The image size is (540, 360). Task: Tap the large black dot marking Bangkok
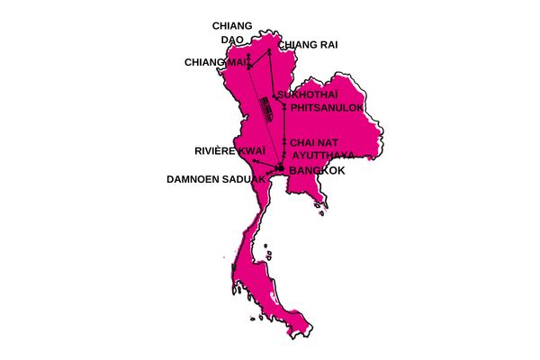(x=280, y=168)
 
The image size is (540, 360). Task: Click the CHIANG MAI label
(x=213, y=62)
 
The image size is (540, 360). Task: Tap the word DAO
(x=232, y=40)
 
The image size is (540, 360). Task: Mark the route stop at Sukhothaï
(x=274, y=95)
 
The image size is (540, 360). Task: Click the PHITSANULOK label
(x=327, y=108)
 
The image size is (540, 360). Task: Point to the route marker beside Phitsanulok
(x=284, y=108)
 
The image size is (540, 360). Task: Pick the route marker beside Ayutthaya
(x=284, y=155)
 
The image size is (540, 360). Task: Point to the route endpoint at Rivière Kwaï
(x=256, y=160)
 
